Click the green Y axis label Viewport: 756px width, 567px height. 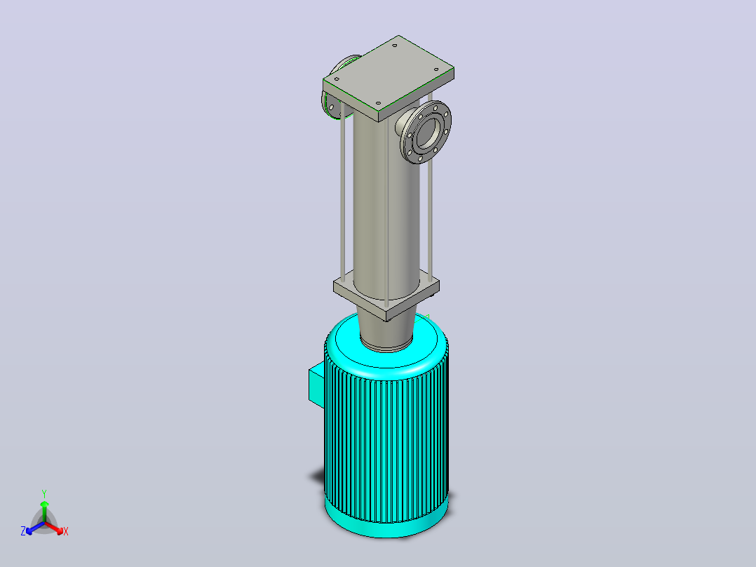44,493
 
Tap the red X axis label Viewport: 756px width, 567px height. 66,531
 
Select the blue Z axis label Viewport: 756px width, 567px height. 23,531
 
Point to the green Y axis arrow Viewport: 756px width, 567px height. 44,512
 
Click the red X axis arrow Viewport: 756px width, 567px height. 54,528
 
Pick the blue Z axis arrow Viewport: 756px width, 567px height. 35,528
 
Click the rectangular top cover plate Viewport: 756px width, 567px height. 389,77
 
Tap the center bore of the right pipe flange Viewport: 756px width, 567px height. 428,133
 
